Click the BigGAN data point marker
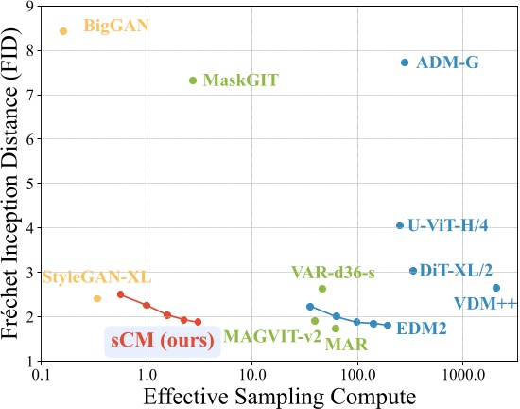click(63, 31)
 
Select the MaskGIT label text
click(240, 80)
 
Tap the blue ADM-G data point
click(405, 62)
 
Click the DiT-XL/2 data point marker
click(413, 271)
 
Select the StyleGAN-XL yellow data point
click(97, 299)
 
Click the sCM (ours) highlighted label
click(162, 339)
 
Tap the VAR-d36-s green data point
click(322, 289)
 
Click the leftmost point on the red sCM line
click(121, 294)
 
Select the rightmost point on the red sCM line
click(198, 323)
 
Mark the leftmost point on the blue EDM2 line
click(310, 307)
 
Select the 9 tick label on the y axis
click(29, 8)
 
